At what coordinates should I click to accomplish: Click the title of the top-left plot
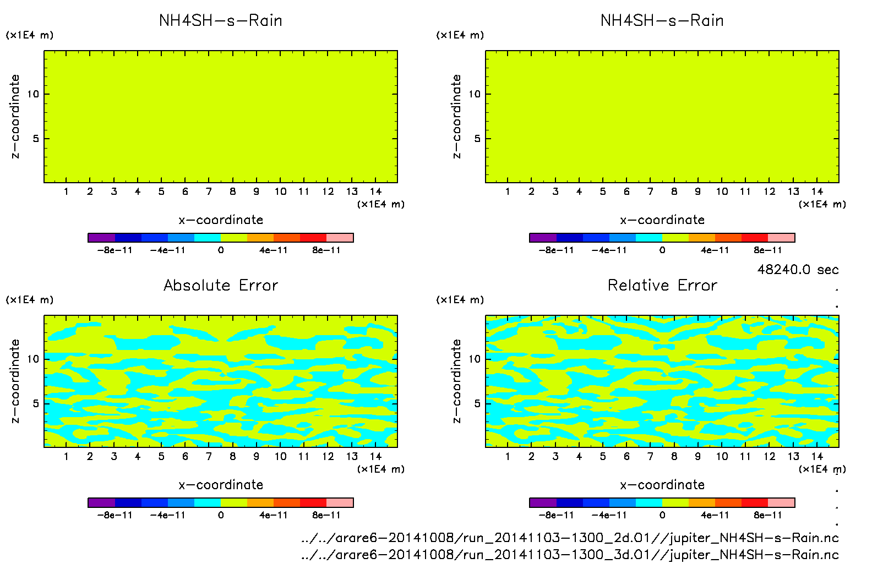[x=220, y=20]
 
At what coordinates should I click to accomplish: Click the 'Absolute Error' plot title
[x=220, y=285]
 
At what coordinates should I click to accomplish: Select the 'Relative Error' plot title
[x=662, y=285]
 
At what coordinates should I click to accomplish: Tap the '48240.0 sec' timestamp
[x=798, y=270]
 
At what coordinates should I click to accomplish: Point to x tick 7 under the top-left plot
[x=209, y=191]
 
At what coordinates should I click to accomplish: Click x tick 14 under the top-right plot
[x=817, y=191]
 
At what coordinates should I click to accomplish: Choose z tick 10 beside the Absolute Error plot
[x=34, y=359]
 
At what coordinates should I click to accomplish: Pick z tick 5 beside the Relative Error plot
[x=477, y=403]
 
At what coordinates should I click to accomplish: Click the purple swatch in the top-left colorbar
[x=101, y=238]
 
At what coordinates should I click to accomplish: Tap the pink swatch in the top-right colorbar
[x=781, y=238]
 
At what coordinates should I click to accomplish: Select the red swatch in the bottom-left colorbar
[x=313, y=502]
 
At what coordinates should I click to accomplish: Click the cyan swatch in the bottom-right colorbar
[x=648, y=502]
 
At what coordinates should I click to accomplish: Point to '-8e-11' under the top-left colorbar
[x=115, y=250]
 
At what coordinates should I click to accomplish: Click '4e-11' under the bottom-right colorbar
[x=715, y=515]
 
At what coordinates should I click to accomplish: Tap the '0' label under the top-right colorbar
[x=662, y=250]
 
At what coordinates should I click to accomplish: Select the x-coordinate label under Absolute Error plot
[x=220, y=485]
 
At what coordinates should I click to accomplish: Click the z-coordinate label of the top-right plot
[x=456, y=116]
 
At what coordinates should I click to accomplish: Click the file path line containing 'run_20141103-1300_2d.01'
[x=570, y=538]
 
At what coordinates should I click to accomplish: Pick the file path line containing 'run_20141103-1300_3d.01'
[x=570, y=555]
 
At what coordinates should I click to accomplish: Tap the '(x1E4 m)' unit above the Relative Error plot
[x=460, y=300]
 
